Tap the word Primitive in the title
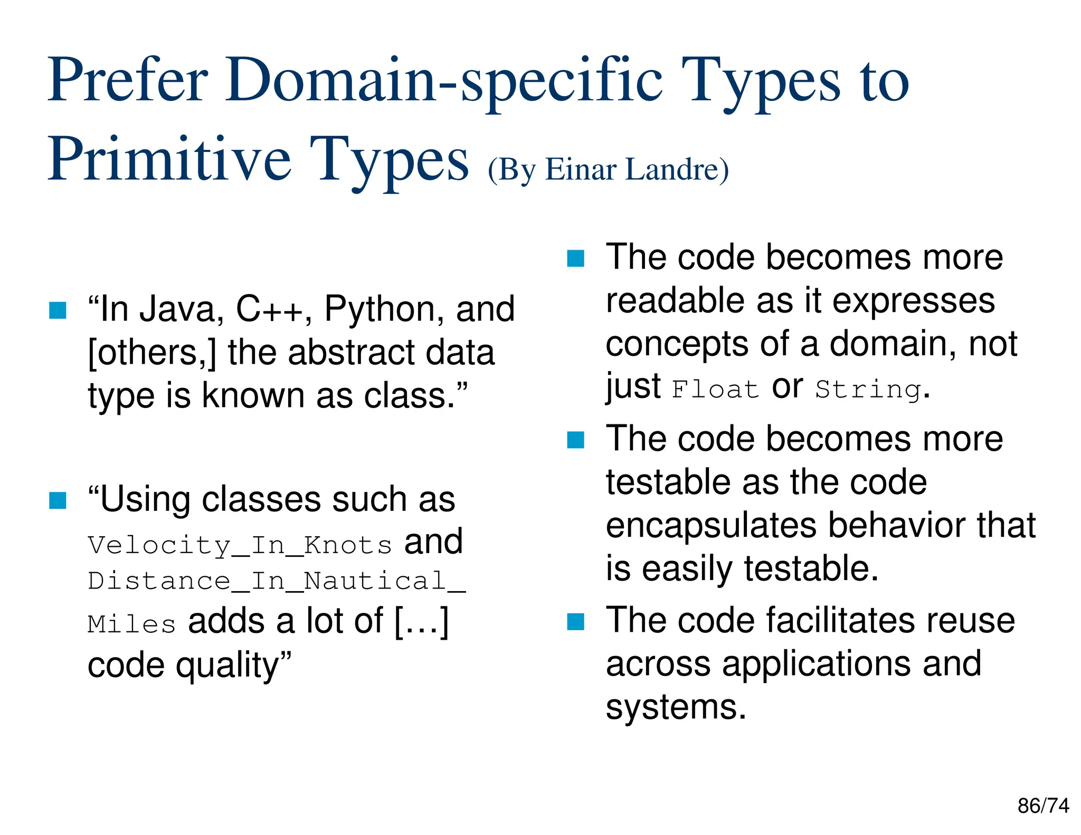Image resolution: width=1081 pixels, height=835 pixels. pyautogui.click(x=169, y=159)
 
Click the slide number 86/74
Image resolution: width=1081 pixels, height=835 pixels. pyautogui.click(x=1043, y=806)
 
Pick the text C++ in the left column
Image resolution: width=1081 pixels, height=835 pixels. pyautogui.click(x=270, y=309)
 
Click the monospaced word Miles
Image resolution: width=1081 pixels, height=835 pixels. pyautogui.click(x=131, y=624)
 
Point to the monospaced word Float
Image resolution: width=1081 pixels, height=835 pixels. pyautogui.click(x=715, y=390)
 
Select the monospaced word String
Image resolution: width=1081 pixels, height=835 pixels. pyautogui.click(x=869, y=390)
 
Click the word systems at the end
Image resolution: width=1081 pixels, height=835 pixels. pyautogui.click(x=676, y=707)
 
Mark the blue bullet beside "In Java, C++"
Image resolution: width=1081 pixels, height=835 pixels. pyautogui.click(x=58, y=310)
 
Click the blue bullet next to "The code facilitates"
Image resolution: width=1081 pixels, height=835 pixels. pyautogui.click(x=575, y=621)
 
